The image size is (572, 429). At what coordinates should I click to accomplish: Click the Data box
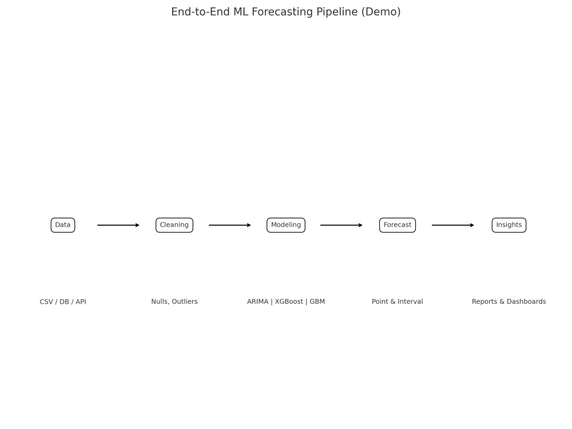pyautogui.click(x=63, y=225)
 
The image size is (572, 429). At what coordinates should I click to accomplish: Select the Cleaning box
pyautogui.click(x=174, y=225)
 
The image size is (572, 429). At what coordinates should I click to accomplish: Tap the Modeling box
pyautogui.click(x=286, y=225)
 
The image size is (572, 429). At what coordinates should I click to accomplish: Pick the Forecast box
pyautogui.click(x=398, y=225)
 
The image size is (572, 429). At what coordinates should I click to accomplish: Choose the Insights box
pyautogui.click(x=509, y=225)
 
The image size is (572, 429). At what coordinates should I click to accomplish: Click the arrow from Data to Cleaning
pyautogui.click(x=118, y=225)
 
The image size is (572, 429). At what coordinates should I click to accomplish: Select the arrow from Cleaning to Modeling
pyautogui.click(x=230, y=225)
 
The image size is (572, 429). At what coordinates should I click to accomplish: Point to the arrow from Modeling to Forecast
pyautogui.click(x=341, y=225)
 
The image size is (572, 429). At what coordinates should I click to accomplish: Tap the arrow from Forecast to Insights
pyautogui.click(x=452, y=225)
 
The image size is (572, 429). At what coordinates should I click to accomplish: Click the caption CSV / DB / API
pyautogui.click(x=63, y=301)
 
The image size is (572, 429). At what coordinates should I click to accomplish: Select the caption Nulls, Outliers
pyautogui.click(x=174, y=301)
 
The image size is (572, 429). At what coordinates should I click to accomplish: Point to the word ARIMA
pyautogui.click(x=257, y=301)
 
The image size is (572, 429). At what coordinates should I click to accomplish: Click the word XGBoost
pyautogui.click(x=289, y=301)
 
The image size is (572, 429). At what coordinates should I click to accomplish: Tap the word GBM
pyautogui.click(x=317, y=301)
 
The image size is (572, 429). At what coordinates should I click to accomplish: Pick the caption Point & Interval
pyautogui.click(x=398, y=301)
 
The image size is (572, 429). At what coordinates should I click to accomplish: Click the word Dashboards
pyautogui.click(x=526, y=301)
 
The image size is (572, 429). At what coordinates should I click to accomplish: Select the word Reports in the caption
pyautogui.click(x=484, y=302)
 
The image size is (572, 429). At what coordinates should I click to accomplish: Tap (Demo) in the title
pyautogui.click(x=381, y=11)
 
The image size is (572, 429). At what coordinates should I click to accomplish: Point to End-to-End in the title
pyautogui.click(x=201, y=11)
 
